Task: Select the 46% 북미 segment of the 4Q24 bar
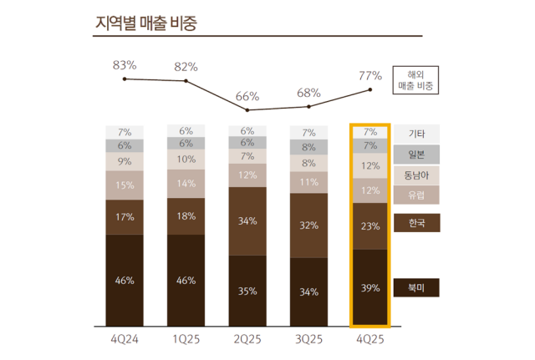click(x=125, y=281)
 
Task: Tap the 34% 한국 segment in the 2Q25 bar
click(x=247, y=221)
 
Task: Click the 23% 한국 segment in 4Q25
click(x=370, y=226)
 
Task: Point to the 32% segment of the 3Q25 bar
click(x=309, y=225)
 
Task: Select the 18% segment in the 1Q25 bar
click(x=186, y=215)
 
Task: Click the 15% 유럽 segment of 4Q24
click(x=125, y=185)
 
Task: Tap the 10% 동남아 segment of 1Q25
click(x=186, y=160)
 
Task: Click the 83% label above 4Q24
click(x=125, y=64)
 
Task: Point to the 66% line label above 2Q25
click(x=247, y=96)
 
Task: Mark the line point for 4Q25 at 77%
click(x=370, y=90)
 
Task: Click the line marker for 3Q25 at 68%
click(x=309, y=106)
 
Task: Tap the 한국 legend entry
click(x=415, y=223)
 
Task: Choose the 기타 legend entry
click(x=415, y=134)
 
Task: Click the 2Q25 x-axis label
click(x=247, y=338)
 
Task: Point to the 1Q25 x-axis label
click(x=186, y=338)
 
